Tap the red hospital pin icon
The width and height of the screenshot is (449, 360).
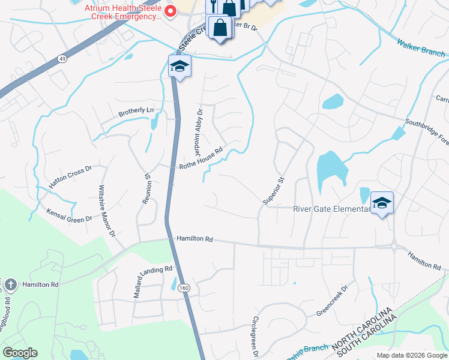coord(170,11)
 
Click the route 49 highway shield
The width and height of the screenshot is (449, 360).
coord(46,58)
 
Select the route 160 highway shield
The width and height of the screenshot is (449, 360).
coord(184,288)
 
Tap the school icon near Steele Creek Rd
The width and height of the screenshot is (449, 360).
coord(179,67)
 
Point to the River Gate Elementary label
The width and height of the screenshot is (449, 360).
coord(331,209)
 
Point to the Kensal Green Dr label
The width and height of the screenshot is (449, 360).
coord(70,215)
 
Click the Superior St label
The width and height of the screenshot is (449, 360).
coord(273,191)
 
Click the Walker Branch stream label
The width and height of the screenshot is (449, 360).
coord(421,48)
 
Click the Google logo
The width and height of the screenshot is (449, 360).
coord(20,353)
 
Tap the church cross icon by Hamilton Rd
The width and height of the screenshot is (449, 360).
coord(10,283)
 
